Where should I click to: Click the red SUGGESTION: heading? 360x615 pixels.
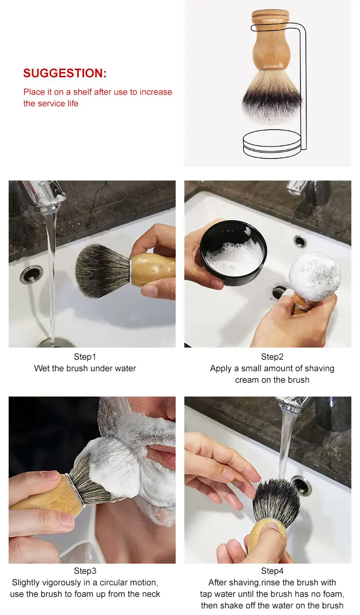click(x=65, y=73)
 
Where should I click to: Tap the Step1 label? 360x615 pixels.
click(x=85, y=357)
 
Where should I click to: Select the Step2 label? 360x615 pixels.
click(x=272, y=357)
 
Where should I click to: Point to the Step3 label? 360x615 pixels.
click(x=85, y=571)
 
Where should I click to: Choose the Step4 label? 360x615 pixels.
click(x=272, y=571)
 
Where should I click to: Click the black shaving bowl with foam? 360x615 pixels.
click(x=233, y=253)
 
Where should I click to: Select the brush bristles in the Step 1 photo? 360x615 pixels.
click(x=102, y=270)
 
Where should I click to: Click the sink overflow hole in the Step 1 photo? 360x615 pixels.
click(x=31, y=274)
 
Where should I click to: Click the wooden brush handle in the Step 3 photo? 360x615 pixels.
click(x=47, y=494)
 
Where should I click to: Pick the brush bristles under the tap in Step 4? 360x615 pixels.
click(x=276, y=502)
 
